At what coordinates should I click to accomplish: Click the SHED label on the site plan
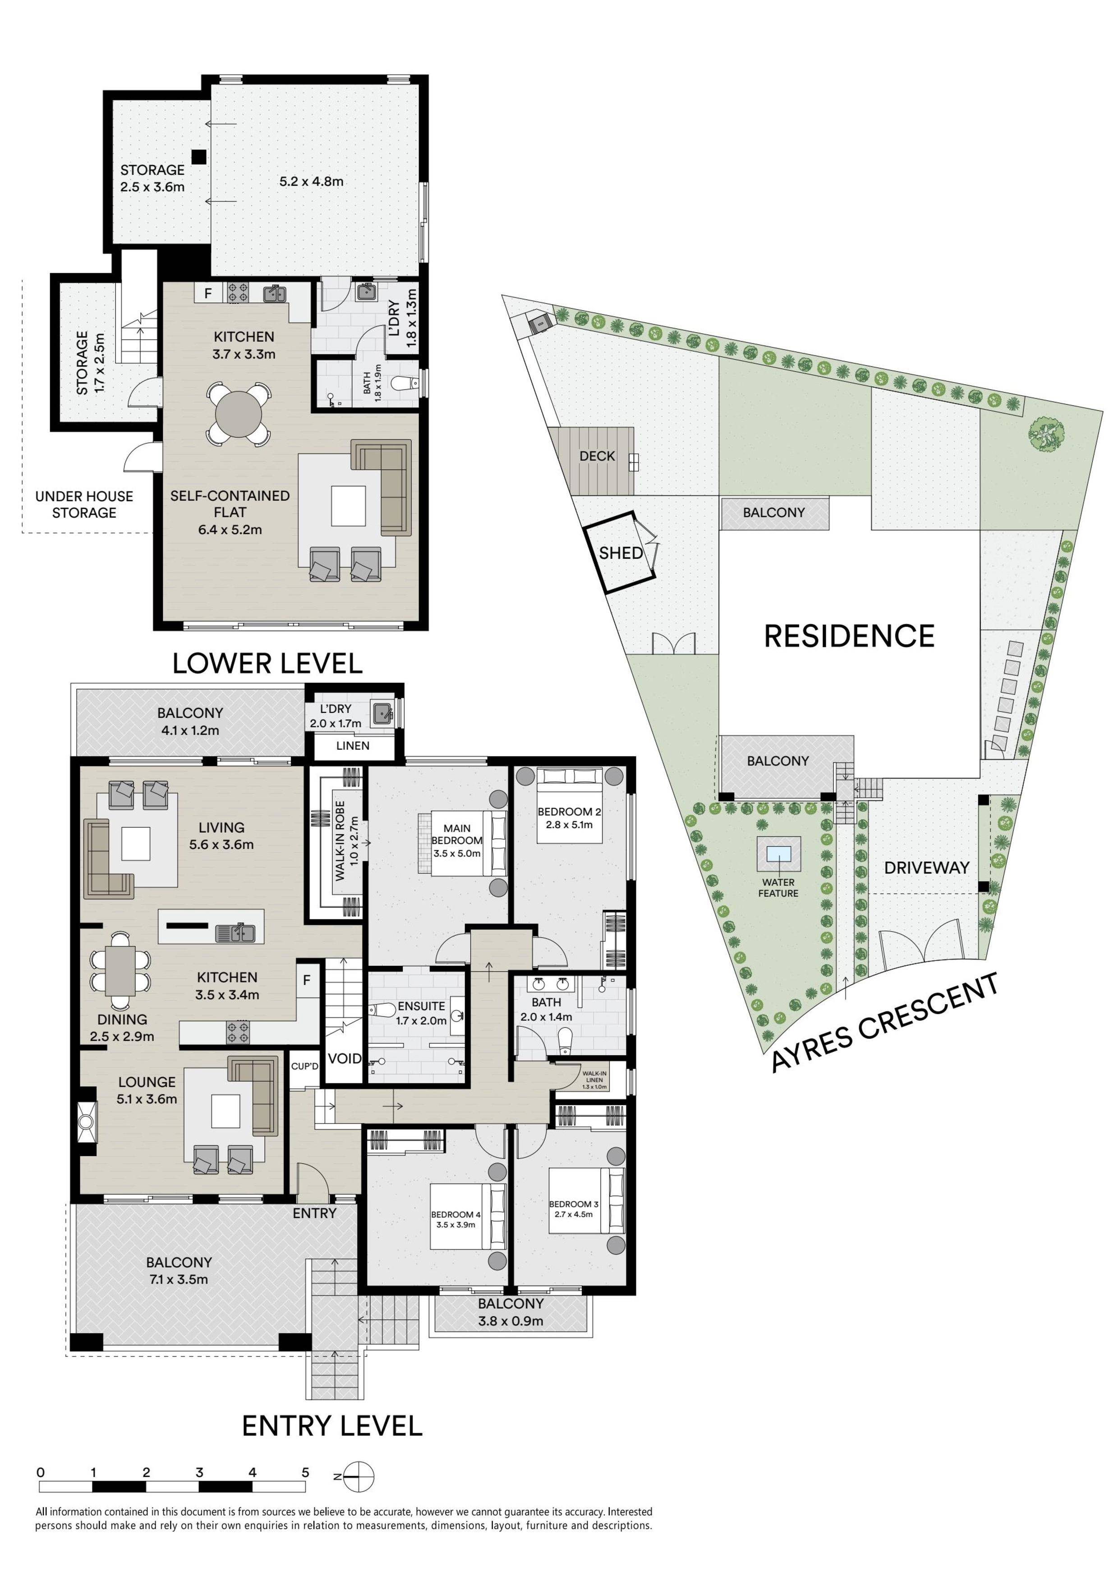tap(620, 553)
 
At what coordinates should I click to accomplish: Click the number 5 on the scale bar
tap(305, 1472)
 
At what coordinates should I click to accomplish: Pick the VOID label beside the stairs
tap(344, 1058)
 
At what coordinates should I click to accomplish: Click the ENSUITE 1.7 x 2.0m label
tap(421, 1013)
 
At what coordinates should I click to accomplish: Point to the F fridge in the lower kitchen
tap(207, 294)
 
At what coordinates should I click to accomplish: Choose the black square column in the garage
tap(198, 157)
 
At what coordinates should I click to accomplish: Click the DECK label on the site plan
tap(597, 456)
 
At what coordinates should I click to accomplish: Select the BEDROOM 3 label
tap(573, 1204)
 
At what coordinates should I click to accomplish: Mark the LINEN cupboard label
tap(353, 746)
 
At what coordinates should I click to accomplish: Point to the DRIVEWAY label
tap(926, 868)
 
